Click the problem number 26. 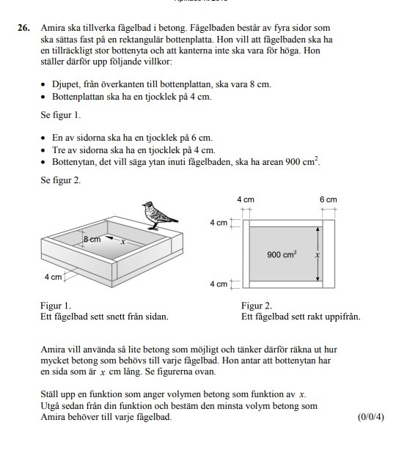[23, 28]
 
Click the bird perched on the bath [159, 215]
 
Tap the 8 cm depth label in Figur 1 [92, 239]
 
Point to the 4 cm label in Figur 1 [54, 276]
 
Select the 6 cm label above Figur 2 [329, 199]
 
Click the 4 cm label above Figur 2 [246, 199]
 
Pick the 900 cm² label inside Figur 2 [282, 254]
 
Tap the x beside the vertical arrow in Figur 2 [318, 255]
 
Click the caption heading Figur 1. [56, 306]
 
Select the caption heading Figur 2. [257, 306]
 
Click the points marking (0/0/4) [371, 417]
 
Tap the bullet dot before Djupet [43, 85]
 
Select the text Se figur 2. [60, 180]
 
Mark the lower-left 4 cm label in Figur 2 [219, 284]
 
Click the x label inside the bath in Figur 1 [123, 242]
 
